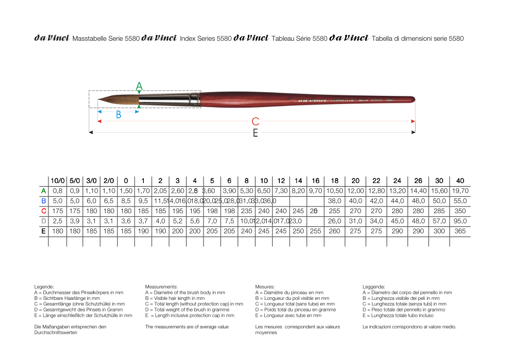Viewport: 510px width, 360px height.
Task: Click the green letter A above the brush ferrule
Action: click(x=139, y=86)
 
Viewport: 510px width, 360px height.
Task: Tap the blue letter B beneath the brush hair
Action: click(x=118, y=115)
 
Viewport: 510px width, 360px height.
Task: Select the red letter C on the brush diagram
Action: click(x=256, y=121)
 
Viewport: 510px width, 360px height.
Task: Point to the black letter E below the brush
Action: click(x=256, y=133)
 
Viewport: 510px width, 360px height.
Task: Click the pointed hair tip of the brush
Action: click(x=99, y=99)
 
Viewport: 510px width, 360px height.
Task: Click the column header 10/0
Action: click(x=58, y=181)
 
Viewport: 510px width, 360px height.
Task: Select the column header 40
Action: click(x=460, y=181)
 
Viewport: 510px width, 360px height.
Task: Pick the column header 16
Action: click(x=316, y=181)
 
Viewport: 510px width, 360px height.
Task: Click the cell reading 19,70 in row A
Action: click(x=460, y=191)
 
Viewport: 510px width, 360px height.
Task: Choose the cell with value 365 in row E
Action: click(x=460, y=231)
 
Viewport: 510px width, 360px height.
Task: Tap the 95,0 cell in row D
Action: click(x=460, y=221)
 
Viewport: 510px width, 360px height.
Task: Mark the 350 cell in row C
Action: click(x=460, y=211)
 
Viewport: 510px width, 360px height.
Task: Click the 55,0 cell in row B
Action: click(x=460, y=201)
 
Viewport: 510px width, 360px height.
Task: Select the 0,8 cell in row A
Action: click(x=58, y=191)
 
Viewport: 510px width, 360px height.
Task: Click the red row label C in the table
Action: click(x=44, y=211)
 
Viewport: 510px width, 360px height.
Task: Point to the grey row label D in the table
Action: click(x=44, y=221)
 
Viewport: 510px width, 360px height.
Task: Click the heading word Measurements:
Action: click(x=161, y=287)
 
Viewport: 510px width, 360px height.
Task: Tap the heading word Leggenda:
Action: click(x=374, y=287)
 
